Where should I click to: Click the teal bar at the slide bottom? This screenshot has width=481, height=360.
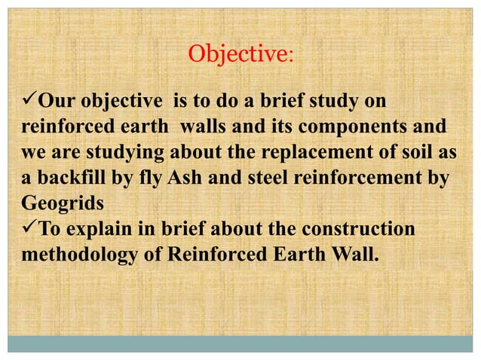coord(240,344)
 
